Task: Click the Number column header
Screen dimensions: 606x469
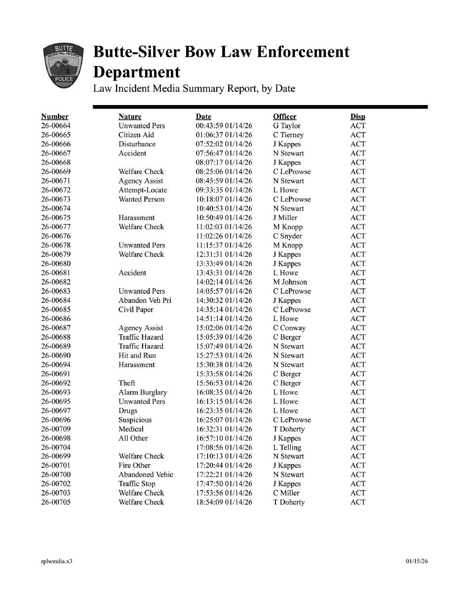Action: (x=55, y=117)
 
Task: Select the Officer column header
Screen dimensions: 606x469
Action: (x=284, y=117)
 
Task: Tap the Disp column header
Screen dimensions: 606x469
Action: (x=358, y=117)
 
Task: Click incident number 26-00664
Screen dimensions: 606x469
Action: (x=55, y=126)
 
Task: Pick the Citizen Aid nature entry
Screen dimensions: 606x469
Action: (x=136, y=135)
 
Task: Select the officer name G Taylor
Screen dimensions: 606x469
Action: (x=286, y=126)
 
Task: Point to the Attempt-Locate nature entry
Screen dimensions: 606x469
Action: (x=143, y=190)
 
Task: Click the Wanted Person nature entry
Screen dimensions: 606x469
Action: (x=141, y=199)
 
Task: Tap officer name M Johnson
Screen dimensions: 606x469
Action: (x=290, y=282)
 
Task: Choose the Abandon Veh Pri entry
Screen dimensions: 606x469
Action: (x=145, y=300)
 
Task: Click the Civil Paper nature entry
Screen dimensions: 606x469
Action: (x=136, y=310)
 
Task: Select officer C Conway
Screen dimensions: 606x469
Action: (x=289, y=328)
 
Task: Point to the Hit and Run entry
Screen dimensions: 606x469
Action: (x=137, y=356)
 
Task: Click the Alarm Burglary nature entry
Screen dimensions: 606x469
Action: (x=143, y=392)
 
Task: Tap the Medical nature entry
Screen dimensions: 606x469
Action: (x=131, y=429)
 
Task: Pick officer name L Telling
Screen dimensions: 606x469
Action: (x=287, y=448)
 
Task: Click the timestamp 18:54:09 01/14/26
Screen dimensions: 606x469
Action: (x=224, y=502)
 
